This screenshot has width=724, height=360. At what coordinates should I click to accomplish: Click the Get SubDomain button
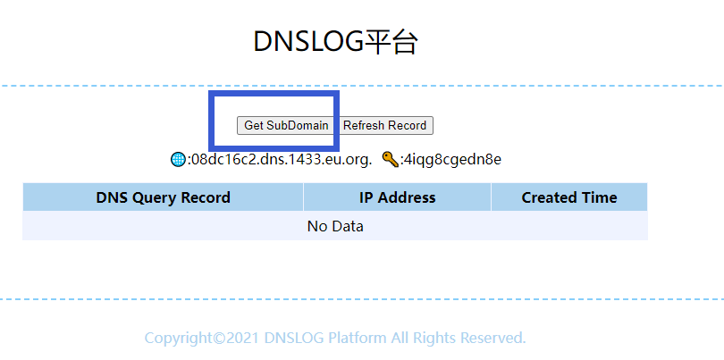[286, 125]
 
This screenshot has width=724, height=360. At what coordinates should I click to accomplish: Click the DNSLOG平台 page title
[335, 41]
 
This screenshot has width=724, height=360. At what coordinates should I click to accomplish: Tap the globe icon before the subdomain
[178, 160]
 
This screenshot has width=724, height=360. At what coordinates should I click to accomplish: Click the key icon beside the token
[389, 160]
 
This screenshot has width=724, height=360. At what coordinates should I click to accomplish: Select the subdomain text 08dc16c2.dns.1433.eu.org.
[282, 160]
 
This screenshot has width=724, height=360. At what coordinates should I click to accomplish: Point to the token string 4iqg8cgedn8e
[452, 160]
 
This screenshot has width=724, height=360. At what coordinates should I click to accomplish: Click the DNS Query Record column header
[163, 197]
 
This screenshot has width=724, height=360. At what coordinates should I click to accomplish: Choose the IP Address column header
[397, 197]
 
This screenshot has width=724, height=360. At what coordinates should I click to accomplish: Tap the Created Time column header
[569, 197]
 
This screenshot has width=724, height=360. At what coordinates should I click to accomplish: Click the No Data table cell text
[335, 226]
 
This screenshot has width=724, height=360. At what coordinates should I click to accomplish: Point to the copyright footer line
[335, 338]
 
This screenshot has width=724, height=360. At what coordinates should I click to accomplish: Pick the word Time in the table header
[599, 197]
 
